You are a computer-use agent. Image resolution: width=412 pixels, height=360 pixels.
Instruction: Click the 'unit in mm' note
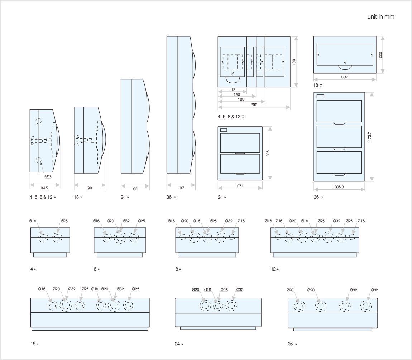[x=381, y=17]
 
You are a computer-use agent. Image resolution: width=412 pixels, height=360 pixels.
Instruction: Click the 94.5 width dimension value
[x=44, y=188]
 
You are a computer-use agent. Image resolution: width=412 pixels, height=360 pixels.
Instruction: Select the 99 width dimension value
[x=90, y=188]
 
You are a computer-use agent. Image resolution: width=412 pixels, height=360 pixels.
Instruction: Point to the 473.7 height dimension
[x=369, y=137]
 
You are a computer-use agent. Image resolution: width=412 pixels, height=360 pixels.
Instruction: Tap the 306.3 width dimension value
[x=339, y=187]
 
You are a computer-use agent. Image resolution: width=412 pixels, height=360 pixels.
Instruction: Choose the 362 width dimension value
[x=344, y=77]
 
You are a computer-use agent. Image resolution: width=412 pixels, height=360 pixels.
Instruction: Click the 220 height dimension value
[x=380, y=54]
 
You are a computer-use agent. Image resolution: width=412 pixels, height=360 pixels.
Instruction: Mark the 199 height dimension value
[x=294, y=62]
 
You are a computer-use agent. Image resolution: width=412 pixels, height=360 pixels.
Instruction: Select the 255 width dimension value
[x=254, y=104]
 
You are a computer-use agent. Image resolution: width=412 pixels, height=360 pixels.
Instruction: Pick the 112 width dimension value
[x=232, y=89]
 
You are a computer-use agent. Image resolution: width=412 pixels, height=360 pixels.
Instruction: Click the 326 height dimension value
[x=268, y=153]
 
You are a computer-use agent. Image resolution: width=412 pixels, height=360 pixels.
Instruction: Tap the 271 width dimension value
[x=240, y=186]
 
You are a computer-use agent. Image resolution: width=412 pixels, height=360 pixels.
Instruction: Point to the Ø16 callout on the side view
[x=49, y=176]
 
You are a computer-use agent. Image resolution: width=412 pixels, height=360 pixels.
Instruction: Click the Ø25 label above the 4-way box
[x=64, y=221]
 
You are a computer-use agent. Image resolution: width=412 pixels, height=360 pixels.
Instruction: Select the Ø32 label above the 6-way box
[x=126, y=221]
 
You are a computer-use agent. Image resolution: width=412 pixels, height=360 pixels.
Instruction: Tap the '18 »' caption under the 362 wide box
[x=318, y=86]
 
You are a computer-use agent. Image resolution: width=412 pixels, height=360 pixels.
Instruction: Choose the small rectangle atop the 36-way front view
[x=320, y=96]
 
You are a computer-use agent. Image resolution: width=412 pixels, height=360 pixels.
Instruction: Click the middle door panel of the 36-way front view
[x=339, y=137]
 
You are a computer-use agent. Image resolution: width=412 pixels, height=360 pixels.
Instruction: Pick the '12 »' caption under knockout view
[x=275, y=269]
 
